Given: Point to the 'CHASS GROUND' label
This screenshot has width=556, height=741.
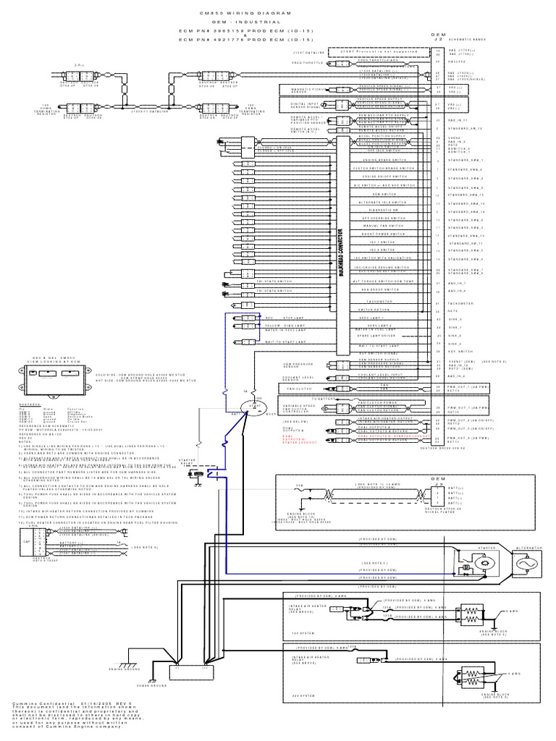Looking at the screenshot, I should [188, 690].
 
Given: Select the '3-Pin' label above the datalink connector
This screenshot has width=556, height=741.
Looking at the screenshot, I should [80, 66].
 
